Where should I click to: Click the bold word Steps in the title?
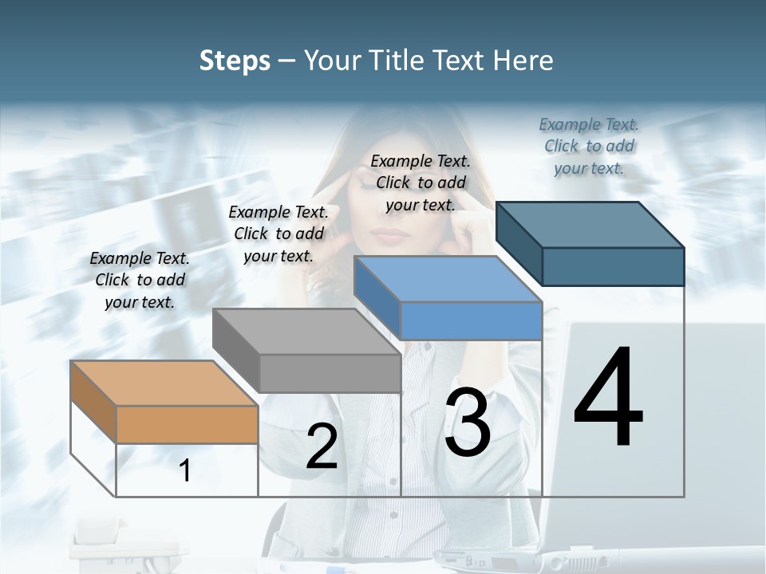235,61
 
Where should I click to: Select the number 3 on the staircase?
468,423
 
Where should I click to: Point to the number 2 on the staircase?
322,447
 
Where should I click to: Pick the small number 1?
185,471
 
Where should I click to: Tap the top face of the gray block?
306,332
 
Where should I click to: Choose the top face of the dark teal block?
590,225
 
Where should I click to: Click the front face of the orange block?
187,424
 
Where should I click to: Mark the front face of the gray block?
330,373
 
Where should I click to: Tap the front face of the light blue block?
471,320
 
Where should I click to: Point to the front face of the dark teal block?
613,266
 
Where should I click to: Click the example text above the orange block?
140,280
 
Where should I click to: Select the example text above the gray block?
278,234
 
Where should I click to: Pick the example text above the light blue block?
421,183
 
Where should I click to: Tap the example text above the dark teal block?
589,146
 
